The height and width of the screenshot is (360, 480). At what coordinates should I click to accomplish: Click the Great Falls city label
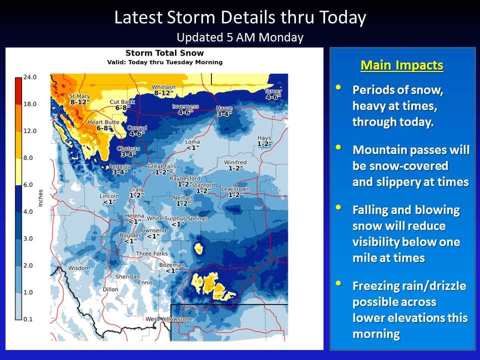click(161, 166)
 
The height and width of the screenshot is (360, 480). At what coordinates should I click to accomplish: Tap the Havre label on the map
click(224, 108)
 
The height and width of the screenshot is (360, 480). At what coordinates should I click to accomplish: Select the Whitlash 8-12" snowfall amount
click(164, 93)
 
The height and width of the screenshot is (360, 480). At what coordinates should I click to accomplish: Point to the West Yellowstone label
click(169, 319)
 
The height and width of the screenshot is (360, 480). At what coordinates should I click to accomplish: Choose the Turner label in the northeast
click(273, 91)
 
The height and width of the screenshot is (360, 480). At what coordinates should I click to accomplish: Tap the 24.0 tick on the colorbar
click(30, 77)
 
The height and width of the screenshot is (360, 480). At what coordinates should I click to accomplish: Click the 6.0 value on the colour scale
click(28, 185)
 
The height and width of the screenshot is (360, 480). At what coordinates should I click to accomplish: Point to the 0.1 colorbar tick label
click(28, 319)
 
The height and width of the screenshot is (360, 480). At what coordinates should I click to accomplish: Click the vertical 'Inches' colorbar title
click(40, 198)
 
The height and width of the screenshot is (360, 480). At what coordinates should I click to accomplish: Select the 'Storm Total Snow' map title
click(164, 53)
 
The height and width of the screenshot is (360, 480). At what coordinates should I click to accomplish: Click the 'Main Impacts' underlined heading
click(402, 65)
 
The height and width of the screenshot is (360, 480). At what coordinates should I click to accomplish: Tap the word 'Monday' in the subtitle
click(281, 37)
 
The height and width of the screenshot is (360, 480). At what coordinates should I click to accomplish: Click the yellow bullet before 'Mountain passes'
click(338, 147)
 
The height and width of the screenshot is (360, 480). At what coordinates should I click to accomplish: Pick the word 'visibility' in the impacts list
click(380, 242)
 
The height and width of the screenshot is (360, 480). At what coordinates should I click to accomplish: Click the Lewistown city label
click(235, 189)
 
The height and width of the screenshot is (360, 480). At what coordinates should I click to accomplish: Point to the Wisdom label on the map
click(79, 268)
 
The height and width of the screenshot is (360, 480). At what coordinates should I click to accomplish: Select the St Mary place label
click(79, 96)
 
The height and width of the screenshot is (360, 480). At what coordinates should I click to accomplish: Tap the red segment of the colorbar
click(18, 91)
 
